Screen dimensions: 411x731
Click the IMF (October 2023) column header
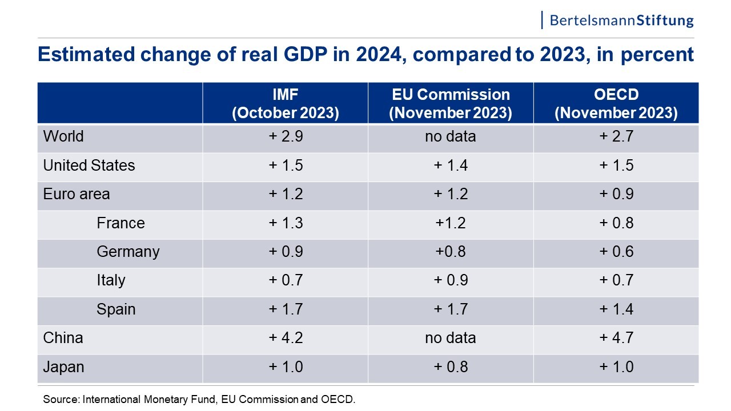click(286, 103)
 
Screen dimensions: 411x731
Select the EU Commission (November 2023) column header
click(451, 103)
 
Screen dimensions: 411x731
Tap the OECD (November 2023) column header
click(616, 103)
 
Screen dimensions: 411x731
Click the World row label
click(63, 137)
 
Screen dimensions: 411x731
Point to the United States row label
click(89, 166)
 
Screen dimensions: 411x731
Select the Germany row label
click(128, 252)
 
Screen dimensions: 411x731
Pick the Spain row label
click(116, 309)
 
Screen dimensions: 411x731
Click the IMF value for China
click(286, 338)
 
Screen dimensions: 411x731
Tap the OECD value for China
click(616, 338)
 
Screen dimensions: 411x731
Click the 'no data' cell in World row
click(451, 137)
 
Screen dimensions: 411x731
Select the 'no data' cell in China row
click(451, 338)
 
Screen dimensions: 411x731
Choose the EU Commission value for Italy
click(451, 280)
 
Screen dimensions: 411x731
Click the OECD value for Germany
click(616, 252)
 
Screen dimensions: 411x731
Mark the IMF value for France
click(286, 223)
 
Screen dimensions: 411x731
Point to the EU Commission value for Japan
click(451, 366)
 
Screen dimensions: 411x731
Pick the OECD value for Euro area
click(616, 194)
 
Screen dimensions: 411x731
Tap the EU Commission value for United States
click(451, 166)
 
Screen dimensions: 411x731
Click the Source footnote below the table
click(199, 400)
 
